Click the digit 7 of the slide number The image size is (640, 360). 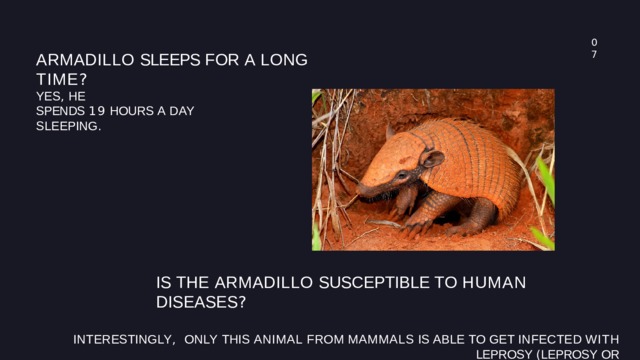594,54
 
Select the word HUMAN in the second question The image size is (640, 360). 493,283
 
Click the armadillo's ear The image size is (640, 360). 432,158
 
